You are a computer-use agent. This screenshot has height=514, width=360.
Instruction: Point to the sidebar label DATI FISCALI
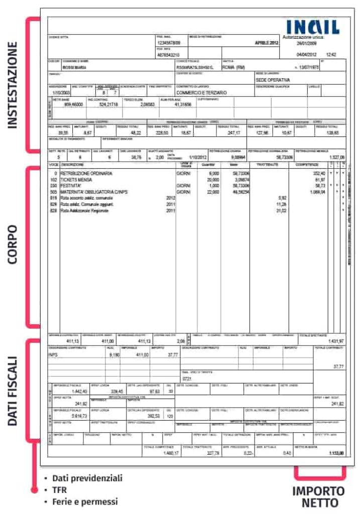pos(13,392)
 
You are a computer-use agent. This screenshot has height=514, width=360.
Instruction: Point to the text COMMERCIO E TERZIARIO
pos(200,93)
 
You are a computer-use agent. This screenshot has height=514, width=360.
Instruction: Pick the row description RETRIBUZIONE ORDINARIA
pos(86,173)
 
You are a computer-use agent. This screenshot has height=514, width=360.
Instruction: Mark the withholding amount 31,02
pos(281,210)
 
